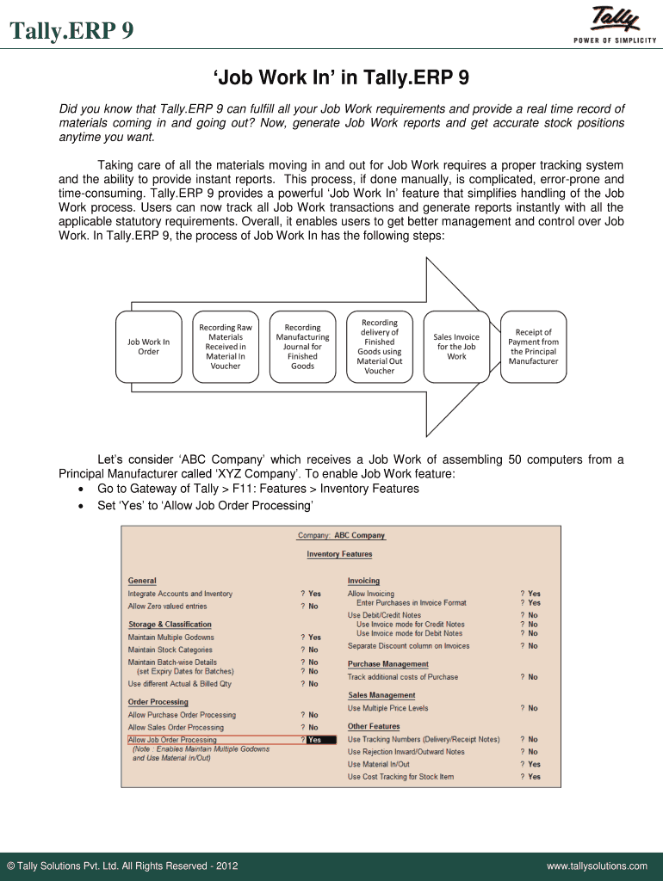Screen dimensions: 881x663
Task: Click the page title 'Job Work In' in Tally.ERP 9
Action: point(342,78)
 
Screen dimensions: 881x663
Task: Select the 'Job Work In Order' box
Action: point(149,347)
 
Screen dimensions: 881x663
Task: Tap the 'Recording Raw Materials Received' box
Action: point(226,347)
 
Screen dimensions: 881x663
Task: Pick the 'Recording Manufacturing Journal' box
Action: point(302,347)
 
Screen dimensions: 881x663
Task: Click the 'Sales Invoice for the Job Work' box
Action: point(456,347)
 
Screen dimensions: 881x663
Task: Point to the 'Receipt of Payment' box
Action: point(533,347)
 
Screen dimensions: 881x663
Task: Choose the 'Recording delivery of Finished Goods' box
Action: point(379,347)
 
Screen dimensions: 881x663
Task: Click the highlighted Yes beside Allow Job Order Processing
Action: point(315,740)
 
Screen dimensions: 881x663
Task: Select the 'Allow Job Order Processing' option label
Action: point(172,740)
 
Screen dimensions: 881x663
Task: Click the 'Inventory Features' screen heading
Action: point(339,554)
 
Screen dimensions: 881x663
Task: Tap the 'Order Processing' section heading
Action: point(158,702)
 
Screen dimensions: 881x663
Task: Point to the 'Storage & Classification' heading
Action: point(170,625)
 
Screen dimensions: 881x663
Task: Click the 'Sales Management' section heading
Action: point(381,695)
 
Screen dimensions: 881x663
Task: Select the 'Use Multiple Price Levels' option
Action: point(387,708)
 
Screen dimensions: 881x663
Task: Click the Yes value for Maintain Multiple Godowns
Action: point(314,638)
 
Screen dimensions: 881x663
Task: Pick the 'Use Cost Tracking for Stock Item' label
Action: point(400,777)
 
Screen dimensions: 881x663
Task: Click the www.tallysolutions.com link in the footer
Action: point(597,866)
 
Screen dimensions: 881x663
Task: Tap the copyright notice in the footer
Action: point(122,866)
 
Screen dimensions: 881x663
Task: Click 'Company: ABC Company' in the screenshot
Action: point(341,535)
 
